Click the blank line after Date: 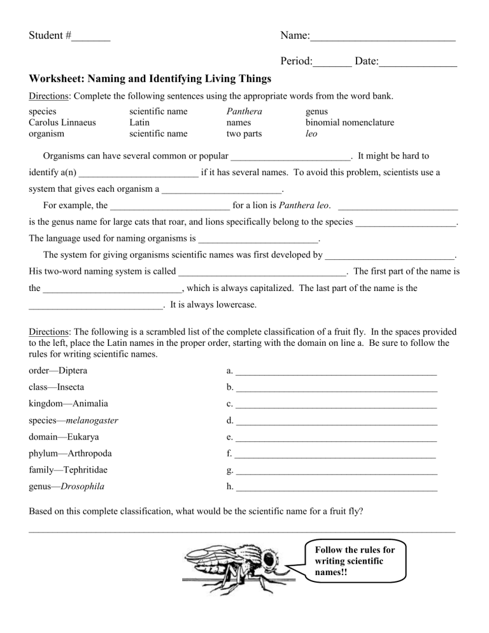point(418,63)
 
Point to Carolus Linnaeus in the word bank point(63,122)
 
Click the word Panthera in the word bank point(244,111)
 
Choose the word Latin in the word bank point(140,122)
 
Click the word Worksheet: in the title point(56,79)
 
